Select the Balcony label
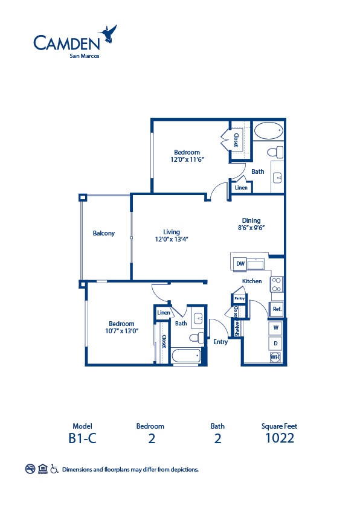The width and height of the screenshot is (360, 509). (x=104, y=233)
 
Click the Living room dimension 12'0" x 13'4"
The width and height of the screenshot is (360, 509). (x=172, y=239)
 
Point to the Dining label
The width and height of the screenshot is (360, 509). (x=251, y=220)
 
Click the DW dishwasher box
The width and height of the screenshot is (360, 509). (x=240, y=264)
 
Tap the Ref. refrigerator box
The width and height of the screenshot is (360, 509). (x=277, y=309)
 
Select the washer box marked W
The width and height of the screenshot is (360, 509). (x=276, y=328)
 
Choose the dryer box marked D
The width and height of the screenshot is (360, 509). (x=276, y=344)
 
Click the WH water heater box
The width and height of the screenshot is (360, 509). (x=275, y=357)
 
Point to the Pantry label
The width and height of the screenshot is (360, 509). (x=239, y=298)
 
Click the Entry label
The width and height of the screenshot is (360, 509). (x=220, y=342)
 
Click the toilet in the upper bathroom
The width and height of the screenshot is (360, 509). (x=275, y=150)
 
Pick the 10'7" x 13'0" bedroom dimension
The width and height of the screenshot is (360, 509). (x=123, y=331)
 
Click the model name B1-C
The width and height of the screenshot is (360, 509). (x=82, y=438)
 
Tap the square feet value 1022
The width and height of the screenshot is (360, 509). (x=280, y=438)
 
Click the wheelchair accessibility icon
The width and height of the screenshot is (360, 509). (x=54, y=469)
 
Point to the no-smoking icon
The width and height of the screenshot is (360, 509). (x=30, y=469)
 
